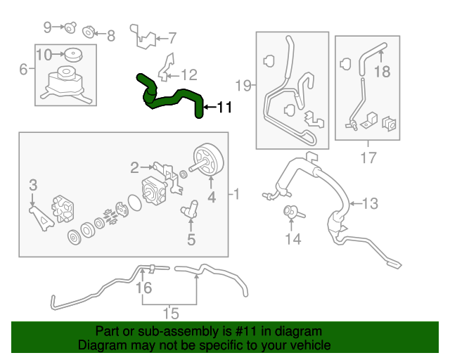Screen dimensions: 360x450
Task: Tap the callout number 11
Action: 224,108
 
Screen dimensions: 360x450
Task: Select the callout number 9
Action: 49,27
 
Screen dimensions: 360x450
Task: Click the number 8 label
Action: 110,34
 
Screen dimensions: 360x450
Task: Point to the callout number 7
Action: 172,38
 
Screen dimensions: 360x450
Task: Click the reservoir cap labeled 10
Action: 71,53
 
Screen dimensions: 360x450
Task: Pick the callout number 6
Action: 23,69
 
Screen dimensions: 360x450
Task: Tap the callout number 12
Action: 190,75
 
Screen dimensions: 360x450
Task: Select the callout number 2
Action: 134,167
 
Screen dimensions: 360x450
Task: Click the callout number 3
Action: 32,185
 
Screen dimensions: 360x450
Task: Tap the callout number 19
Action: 243,86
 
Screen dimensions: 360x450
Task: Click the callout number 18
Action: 382,72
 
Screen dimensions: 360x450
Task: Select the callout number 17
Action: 368,158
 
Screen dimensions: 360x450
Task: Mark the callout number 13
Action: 370,204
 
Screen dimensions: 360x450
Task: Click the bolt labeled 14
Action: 290,210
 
